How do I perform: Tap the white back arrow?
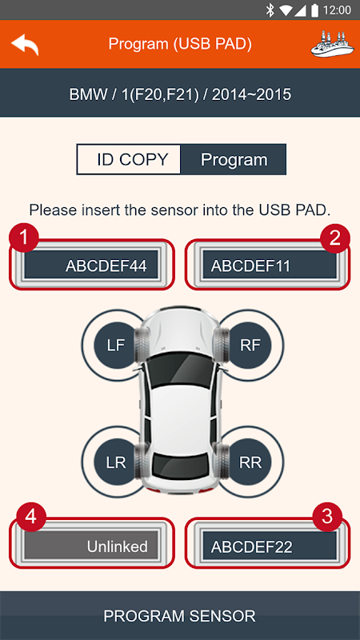(25, 44)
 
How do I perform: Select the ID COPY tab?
(129, 159)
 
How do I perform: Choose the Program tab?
(234, 159)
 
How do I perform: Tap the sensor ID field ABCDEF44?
(91, 266)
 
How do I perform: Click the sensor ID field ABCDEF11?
(270, 266)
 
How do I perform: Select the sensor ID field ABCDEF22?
(270, 546)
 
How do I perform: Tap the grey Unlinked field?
(91, 546)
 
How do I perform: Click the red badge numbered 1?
(24, 238)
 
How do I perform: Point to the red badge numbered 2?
(335, 238)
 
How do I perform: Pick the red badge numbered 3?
(327, 518)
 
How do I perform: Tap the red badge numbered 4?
(31, 518)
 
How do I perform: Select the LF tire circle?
(116, 346)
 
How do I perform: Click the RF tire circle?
(250, 346)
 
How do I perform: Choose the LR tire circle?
(116, 462)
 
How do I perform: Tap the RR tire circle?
(250, 462)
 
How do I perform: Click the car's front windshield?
(181, 369)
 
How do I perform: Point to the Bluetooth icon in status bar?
(270, 10)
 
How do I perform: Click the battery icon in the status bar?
(314, 10)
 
